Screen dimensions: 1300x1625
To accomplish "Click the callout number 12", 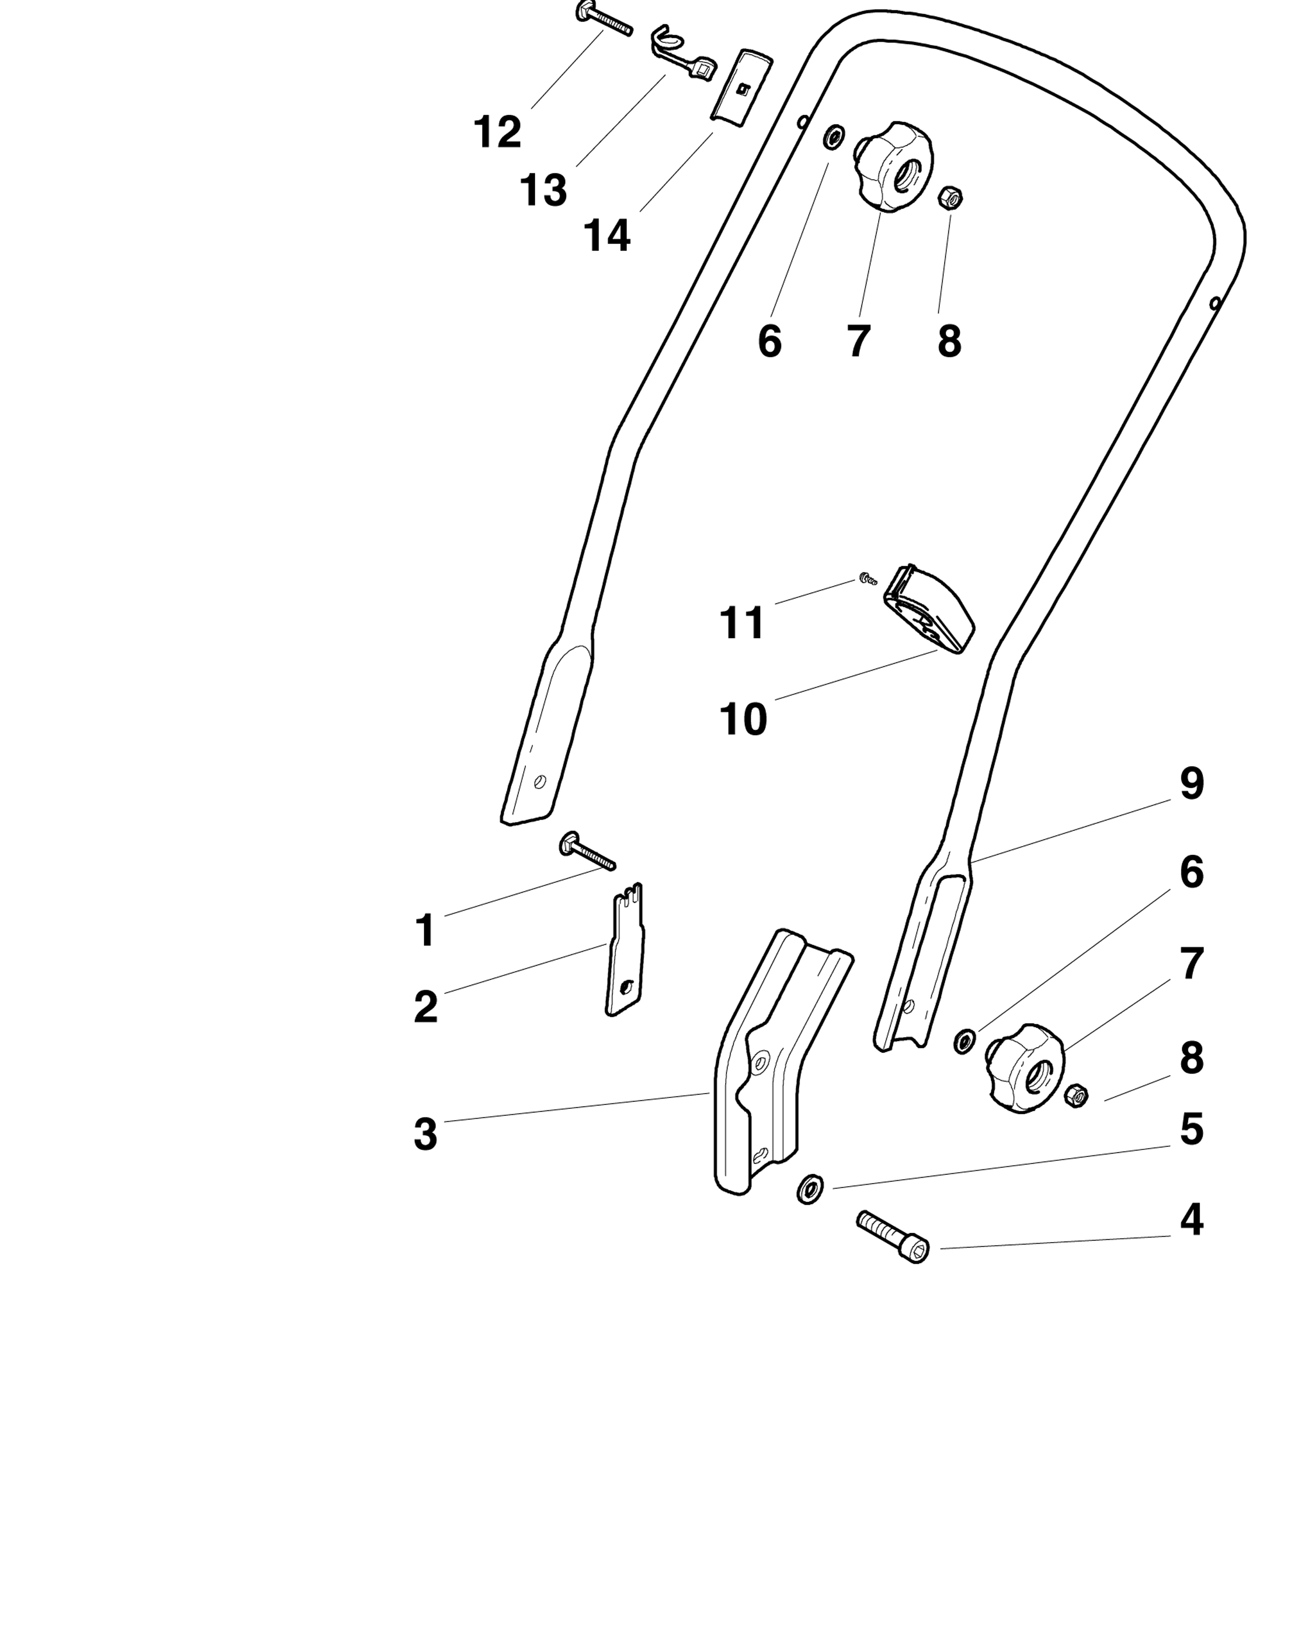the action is [497, 133].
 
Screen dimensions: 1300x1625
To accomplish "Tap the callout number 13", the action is [543, 190].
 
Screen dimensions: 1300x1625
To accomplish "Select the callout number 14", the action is [607, 236].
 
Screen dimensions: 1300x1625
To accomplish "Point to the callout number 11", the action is [742, 623].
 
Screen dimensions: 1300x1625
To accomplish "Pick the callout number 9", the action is [1192, 784].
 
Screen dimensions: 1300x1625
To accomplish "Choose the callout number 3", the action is [426, 1134].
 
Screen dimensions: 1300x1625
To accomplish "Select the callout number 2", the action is [426, 1007].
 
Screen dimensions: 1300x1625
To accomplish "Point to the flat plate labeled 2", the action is [625, 949].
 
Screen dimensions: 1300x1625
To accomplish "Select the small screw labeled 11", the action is [867, 579].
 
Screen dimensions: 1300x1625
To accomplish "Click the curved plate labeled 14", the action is [742, 86].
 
